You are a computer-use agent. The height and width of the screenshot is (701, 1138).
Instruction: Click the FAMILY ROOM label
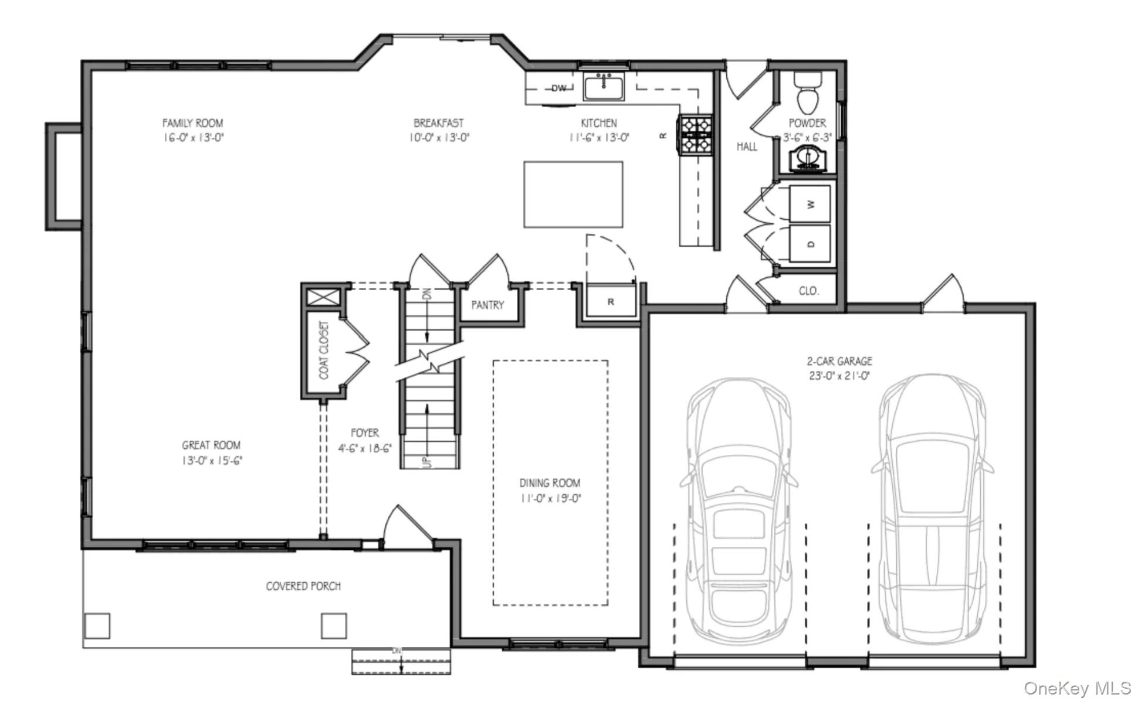point(192,123)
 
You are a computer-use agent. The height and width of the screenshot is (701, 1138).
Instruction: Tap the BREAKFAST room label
point(439,123)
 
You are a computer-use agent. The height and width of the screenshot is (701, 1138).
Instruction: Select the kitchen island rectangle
point(573,195)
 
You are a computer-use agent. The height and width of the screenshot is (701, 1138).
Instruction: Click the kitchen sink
point(605,87)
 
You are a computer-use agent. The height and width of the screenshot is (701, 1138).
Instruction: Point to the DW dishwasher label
point(559,89)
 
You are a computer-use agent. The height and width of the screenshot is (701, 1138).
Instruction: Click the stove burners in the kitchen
point(696,135)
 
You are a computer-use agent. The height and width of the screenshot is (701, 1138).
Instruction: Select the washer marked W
point(810,204)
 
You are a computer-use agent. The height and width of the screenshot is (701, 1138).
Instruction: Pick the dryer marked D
point(810,244)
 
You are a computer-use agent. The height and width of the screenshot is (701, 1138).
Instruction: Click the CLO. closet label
point(809,291)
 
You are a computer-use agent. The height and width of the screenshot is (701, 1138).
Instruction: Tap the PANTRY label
point(487,305)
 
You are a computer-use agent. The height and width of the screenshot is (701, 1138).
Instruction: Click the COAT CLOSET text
point(324,350)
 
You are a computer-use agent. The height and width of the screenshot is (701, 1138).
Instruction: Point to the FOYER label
point(364,433)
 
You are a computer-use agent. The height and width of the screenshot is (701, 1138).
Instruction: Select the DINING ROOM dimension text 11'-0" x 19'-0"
point(550,499)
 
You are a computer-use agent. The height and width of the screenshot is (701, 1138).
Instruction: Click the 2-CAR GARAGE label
point(839,361)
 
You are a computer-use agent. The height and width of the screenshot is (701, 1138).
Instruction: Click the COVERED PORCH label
point(303,586)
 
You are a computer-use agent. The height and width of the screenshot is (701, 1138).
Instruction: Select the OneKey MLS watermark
point(1078,688)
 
